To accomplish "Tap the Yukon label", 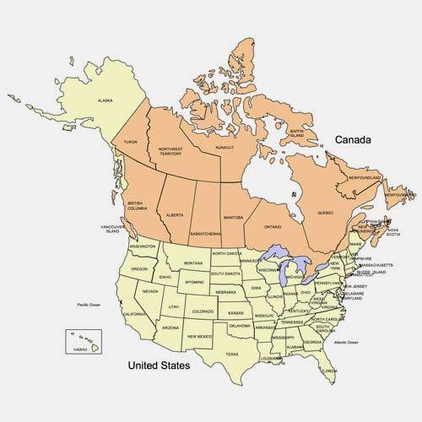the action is tap(130, 143).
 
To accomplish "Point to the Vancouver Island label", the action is tap(113, 230).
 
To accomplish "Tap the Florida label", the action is tap(329, 370).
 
